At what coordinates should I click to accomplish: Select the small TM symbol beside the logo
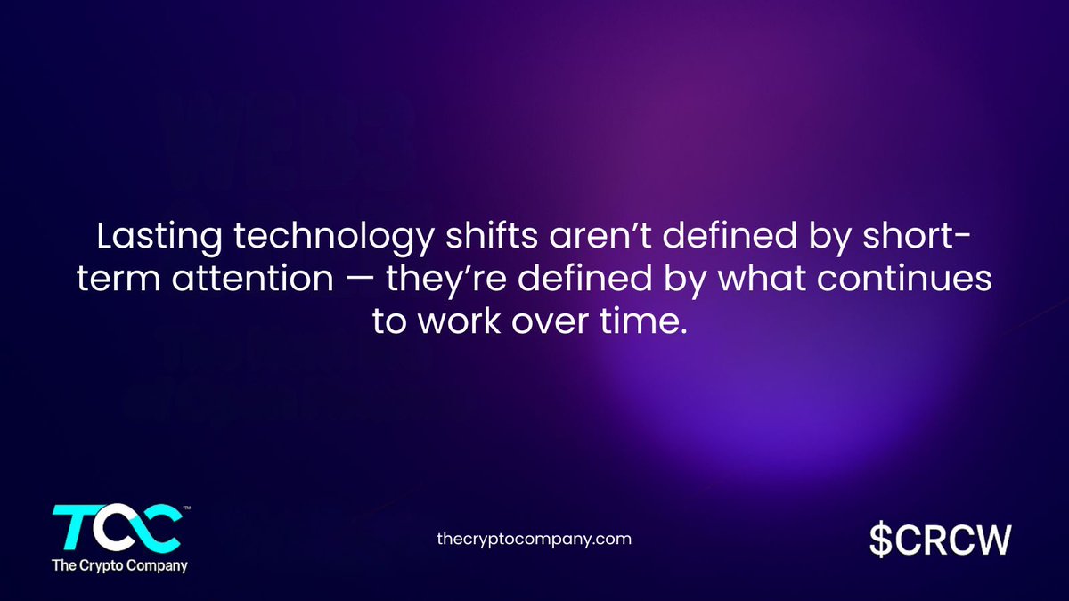pyautogui.click(x=185, y=509)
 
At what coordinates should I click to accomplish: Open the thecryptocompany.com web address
pyautogui.click(x=534, y=539)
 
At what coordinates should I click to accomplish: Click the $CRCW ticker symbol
pyautogui.click(x=940, y=539)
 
